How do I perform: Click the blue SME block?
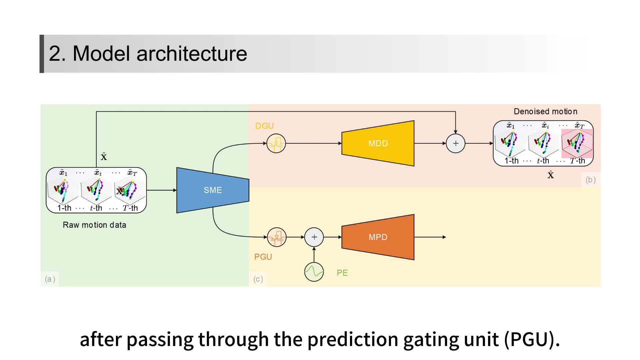(x=213, y=190)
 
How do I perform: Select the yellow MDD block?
(x=378, y=143)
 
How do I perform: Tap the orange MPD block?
(x=378, y=237)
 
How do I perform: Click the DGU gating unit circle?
(x=276, y=143)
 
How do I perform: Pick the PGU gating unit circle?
(x=277, y=237)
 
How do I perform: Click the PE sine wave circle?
(x=314, y=272)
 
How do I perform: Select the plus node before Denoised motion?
(x=455, y=143)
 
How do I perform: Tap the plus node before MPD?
(x=314, y=237)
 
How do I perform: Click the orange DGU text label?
(x=264, y=126)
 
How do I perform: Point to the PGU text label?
(x=263, y=257)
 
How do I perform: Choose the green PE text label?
(x=342, y=273)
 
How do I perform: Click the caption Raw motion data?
(x=94, y=225)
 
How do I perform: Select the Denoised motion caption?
(x=545, y=111)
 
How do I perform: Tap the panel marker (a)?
(x=50, y=279)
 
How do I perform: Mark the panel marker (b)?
(x=590, y=180)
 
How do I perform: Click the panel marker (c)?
(x=258, y=279)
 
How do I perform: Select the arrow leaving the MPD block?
(x=430, y=237)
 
